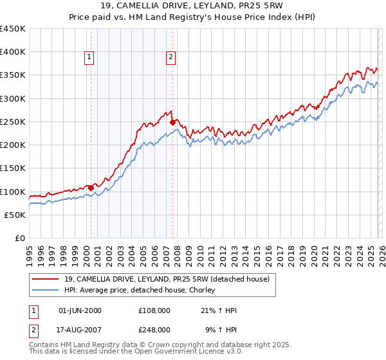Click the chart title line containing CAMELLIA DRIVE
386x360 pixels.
(193, 6)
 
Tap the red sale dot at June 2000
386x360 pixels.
(91, 188)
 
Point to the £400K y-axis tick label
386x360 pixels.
(13, 52)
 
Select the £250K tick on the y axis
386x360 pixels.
(13, 122)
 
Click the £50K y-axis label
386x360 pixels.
(15, 215)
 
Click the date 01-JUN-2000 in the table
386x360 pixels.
(80, 310)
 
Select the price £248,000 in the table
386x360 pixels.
(154, 329)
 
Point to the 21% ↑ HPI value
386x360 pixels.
(219, 310)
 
